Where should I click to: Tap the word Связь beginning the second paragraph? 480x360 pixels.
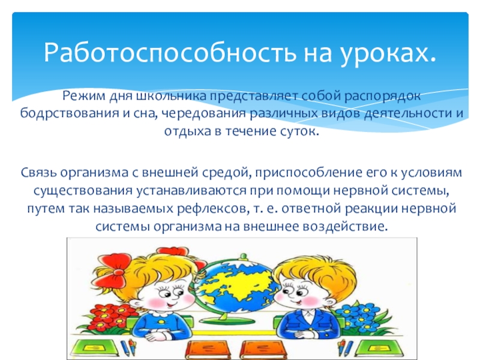pyautogui.click(x=36, y=173)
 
